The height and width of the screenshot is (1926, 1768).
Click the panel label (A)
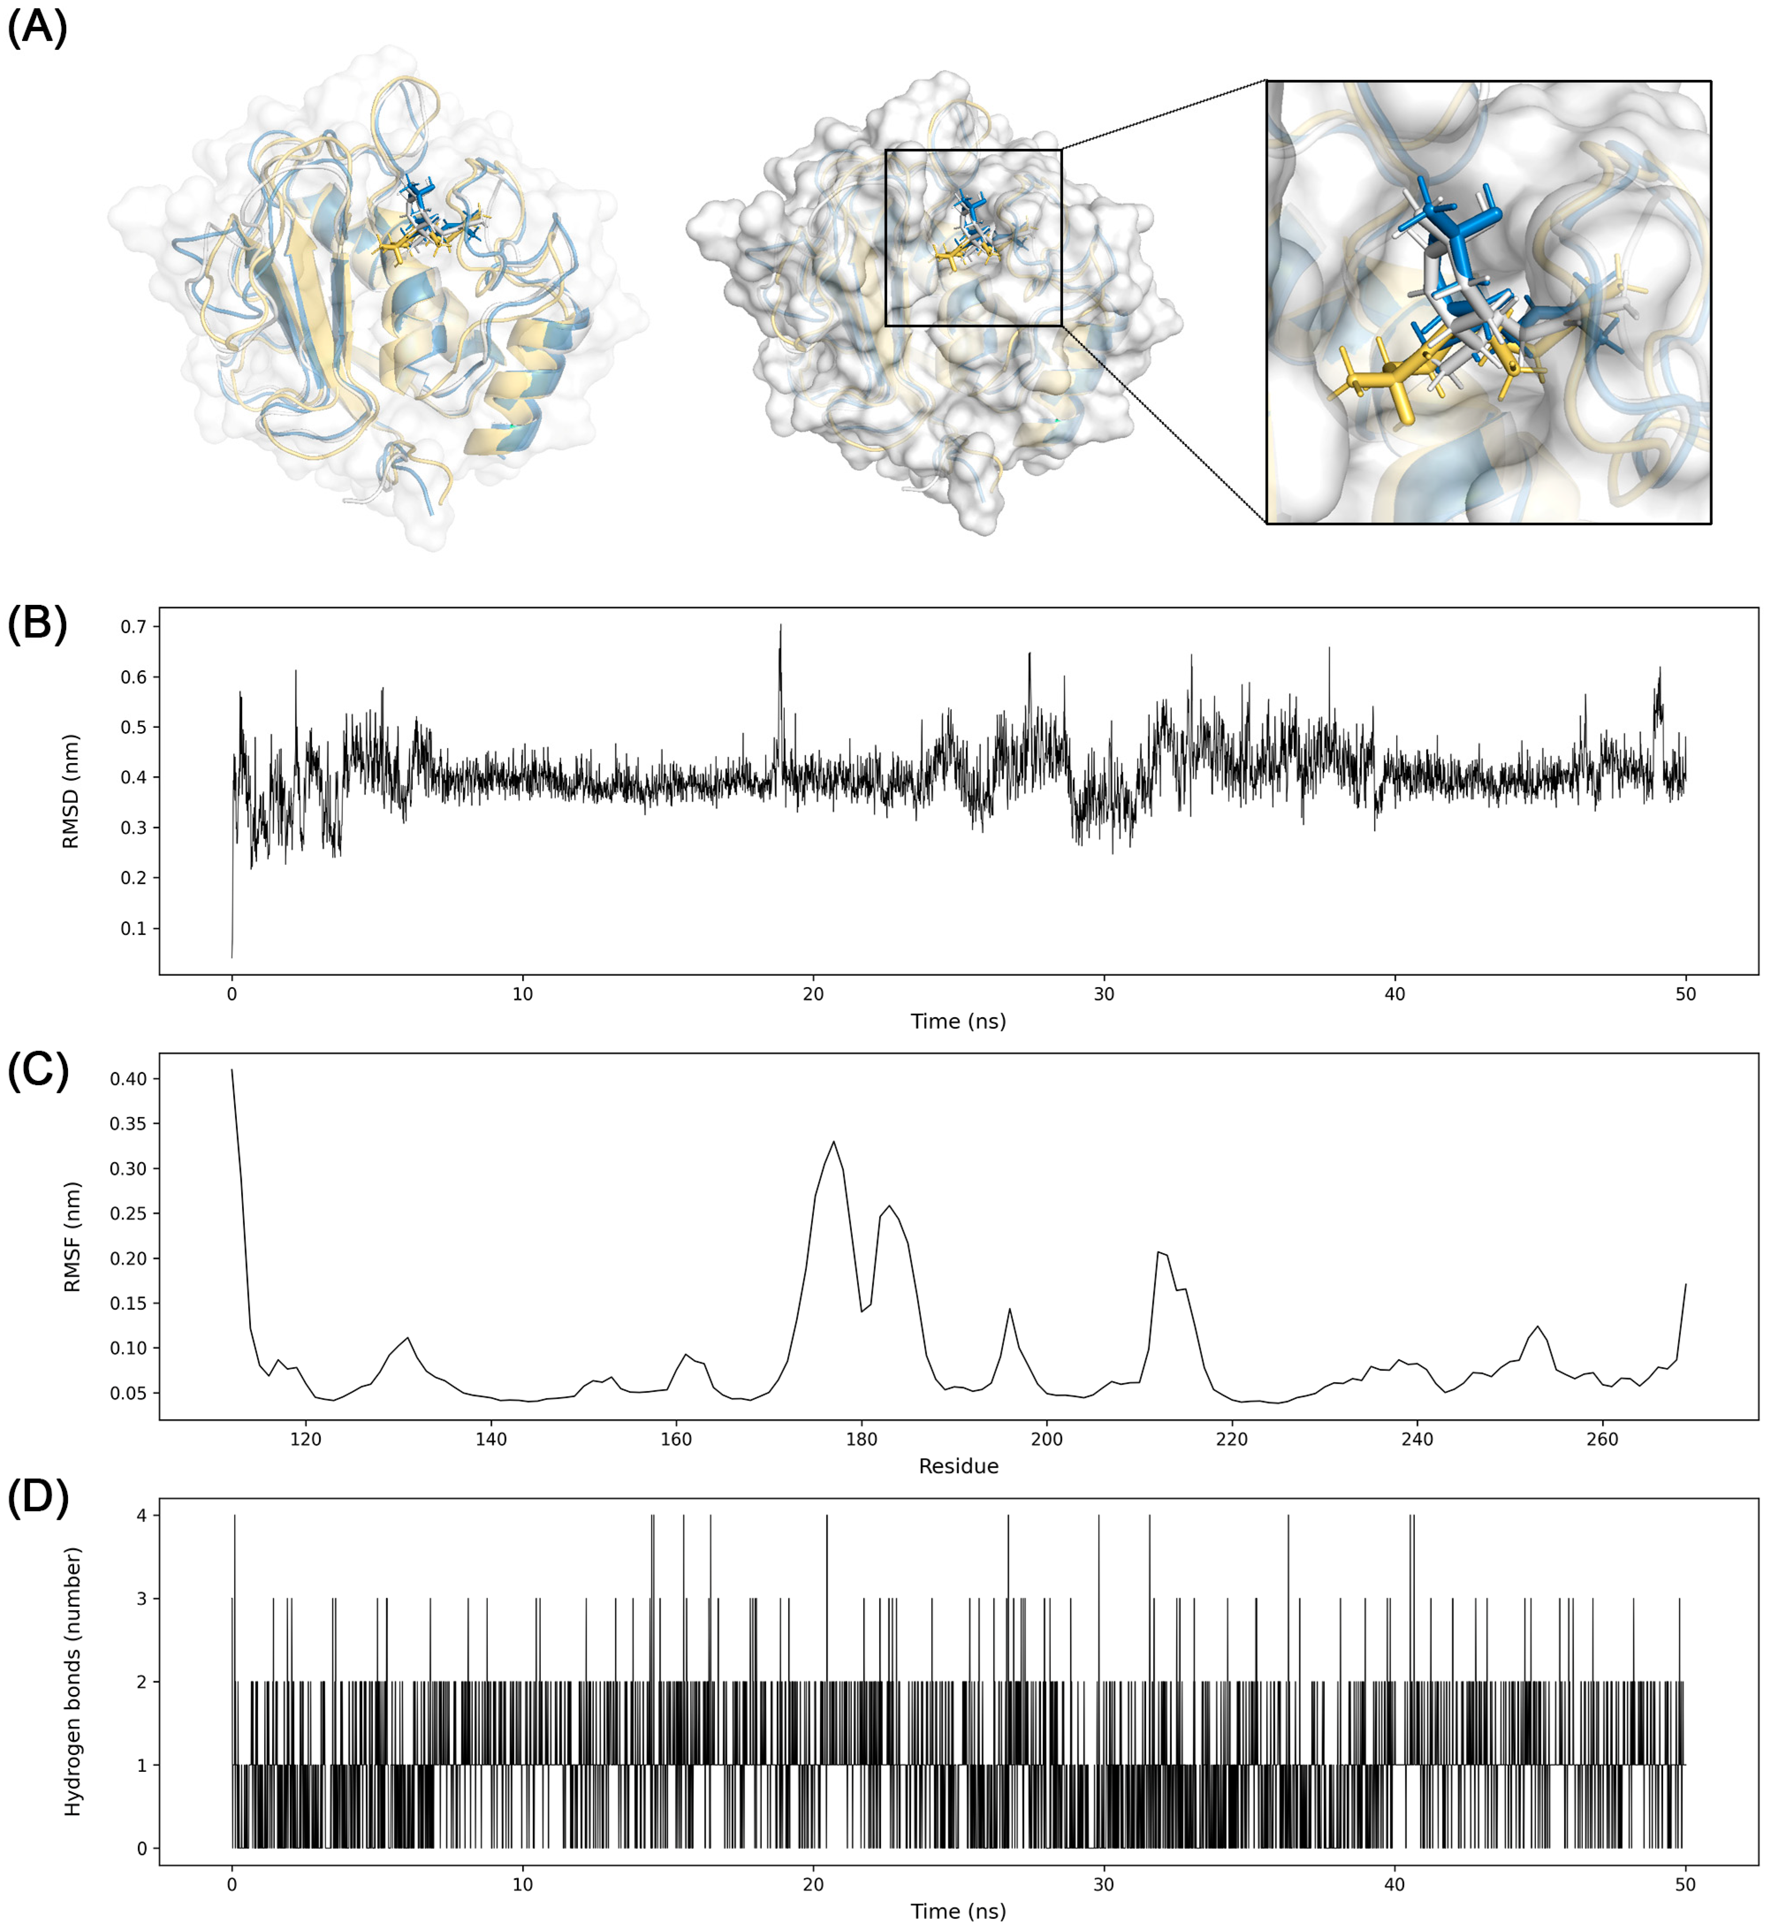pos(37,27)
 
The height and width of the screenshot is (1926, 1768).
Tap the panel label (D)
pos(37,1497)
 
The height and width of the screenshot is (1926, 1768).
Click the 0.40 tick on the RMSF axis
pos(128,1078)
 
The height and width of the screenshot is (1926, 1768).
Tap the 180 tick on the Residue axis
pos(861,1439)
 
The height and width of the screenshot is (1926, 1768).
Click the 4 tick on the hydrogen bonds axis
pos(141,1516)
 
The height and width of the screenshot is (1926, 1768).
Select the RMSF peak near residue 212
pos(1159,1251)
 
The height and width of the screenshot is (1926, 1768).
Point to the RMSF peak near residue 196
pos(1009,1309)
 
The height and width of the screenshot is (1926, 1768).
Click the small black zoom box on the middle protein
pos(973,237)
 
